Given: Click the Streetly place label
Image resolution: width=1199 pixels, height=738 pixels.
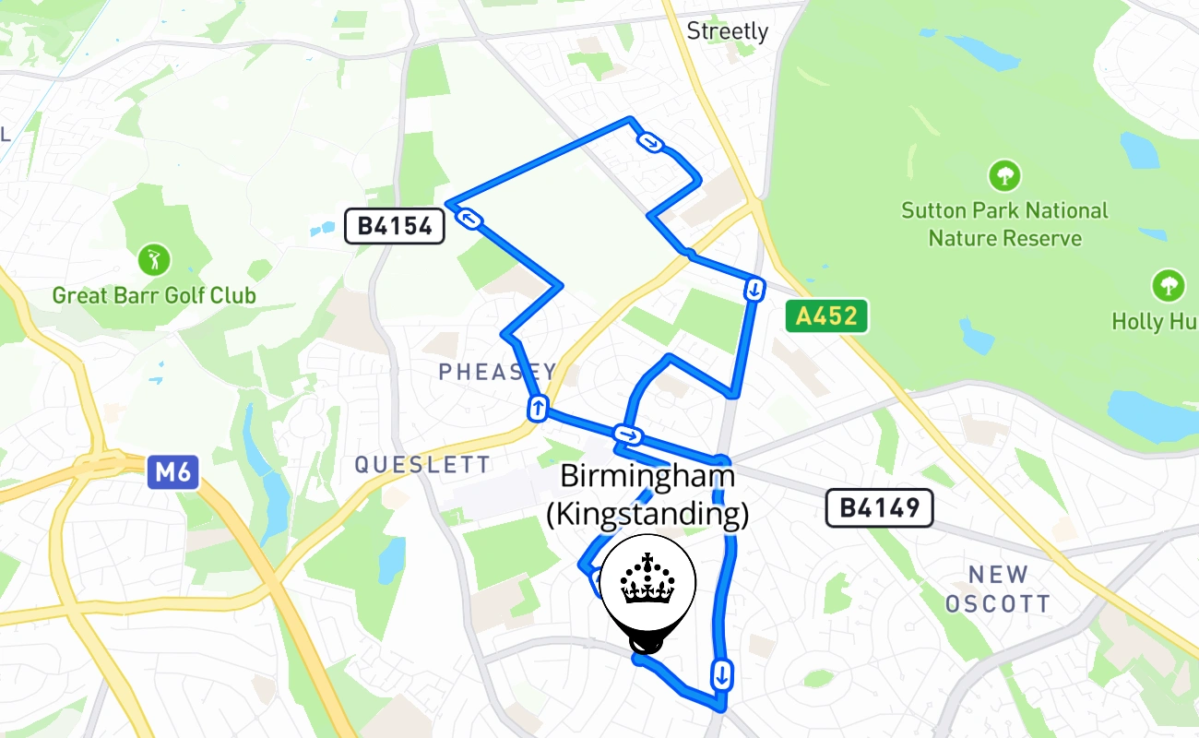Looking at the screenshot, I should pos(727,31).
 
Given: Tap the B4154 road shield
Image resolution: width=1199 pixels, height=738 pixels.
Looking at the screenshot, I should pos(395,226).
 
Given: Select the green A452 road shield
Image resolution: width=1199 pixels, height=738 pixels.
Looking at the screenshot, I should pos(827,316).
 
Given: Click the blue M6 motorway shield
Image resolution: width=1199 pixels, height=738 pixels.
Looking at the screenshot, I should pos(172,473).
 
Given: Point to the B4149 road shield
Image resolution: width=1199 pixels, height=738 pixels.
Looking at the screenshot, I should pos(879,507).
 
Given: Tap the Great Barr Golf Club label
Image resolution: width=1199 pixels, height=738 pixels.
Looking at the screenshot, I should pos(154,296).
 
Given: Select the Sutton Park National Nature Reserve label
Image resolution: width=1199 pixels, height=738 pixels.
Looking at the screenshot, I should pos(1004,224).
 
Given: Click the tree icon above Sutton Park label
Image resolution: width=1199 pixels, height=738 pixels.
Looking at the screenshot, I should pos(1004,174).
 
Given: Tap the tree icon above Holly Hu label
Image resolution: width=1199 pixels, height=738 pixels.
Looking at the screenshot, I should pos(1168,285).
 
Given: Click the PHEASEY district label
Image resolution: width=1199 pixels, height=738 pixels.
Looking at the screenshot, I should pos(497,372).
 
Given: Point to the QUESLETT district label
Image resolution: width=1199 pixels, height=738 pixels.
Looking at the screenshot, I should pos(423,464).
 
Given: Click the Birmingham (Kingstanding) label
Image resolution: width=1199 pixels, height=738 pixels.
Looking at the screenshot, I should pos(647,495).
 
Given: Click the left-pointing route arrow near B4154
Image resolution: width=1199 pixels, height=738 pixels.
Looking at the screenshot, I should pos(470,219).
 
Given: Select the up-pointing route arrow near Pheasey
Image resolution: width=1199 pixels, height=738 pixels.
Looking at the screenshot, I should pos(537,407).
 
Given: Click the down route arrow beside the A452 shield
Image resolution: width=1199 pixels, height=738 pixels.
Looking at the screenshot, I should pos(754,290).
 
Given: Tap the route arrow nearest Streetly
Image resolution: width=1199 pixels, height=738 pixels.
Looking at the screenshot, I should pos(651,142).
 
